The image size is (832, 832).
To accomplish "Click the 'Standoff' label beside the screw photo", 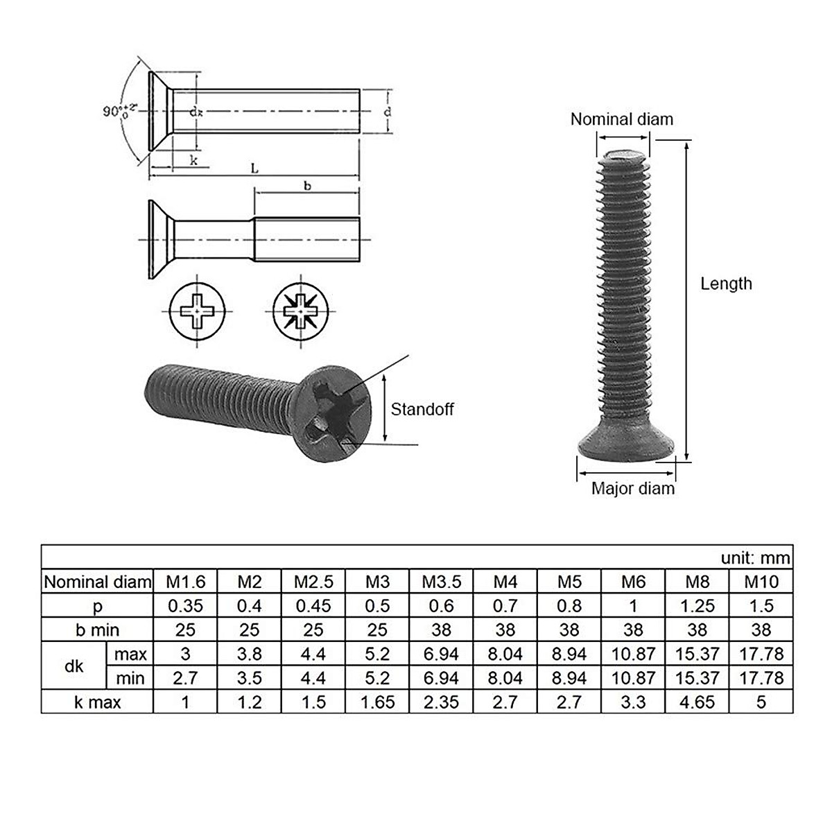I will coord(422,409).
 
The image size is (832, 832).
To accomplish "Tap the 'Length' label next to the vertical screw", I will coord(725,284).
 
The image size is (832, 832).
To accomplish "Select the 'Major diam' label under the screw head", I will coord(632,488).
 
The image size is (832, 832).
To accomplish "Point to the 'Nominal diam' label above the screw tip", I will coord(621,119).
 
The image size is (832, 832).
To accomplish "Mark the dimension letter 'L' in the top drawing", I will coord(254,168).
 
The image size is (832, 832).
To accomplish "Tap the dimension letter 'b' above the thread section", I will coord(307,187).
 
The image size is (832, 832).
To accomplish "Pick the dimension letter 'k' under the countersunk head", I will coord(194,161).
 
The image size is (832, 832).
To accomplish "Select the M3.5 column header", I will coord(441,582).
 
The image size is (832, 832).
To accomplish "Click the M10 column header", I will coord(761,582).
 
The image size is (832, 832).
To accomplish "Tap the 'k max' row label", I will coord(97,702).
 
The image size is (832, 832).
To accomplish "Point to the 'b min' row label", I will coord(97,630).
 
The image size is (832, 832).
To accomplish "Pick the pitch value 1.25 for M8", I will coord(697,606).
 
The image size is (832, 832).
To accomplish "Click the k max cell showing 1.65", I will coord(377,702).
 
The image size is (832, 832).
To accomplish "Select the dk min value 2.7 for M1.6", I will coord(185,677).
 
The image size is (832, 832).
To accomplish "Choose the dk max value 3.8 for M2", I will coord(249,654).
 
